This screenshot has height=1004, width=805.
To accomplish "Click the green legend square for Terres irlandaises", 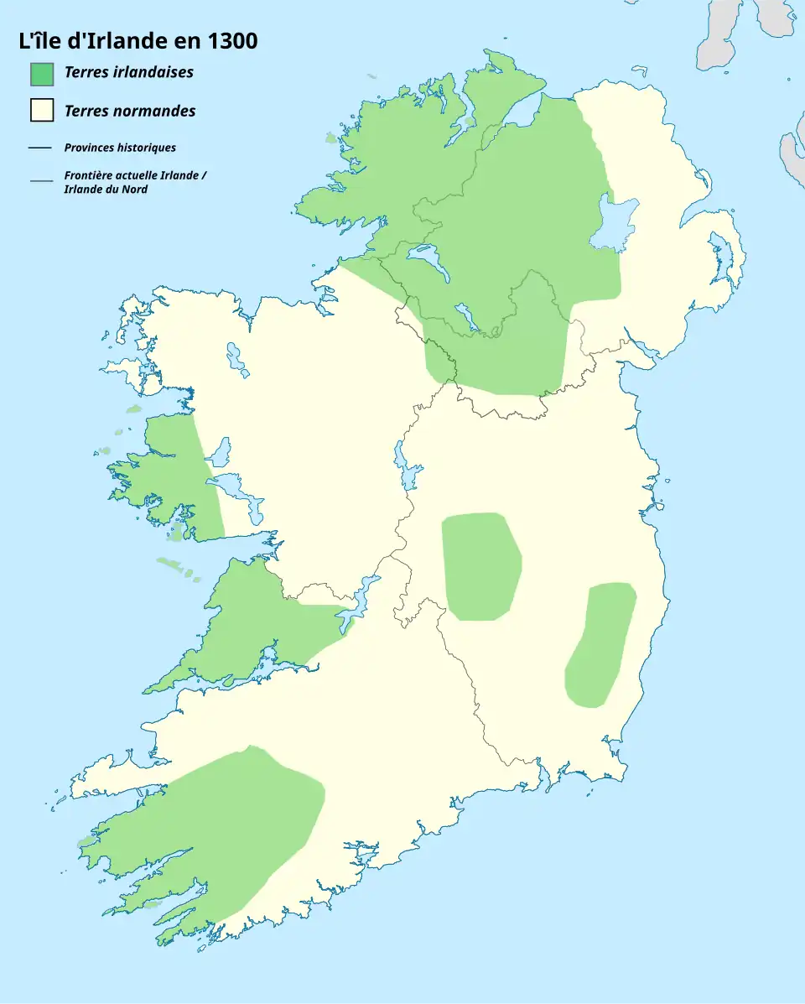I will pyautogui.click(x=42, y=73).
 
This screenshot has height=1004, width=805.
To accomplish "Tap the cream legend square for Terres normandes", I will pyautogui.click(x=42, y=111).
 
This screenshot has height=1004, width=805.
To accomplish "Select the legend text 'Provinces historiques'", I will pyautogui.click(x=120, y=148).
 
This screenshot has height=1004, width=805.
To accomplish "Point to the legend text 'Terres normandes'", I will pyautogui.click(x=130, y=111).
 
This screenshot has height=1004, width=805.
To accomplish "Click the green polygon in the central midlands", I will pyautogui.click(x=480, y=566).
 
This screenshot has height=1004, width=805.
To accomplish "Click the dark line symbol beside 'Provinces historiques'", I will pyautogui.click(x=40, y=148).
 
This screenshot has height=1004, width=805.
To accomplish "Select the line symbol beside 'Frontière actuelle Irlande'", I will pyautogui.click(x=40, y=179).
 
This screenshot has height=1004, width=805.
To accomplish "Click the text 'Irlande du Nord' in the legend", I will pyautogui.click(x=106, y=190).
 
